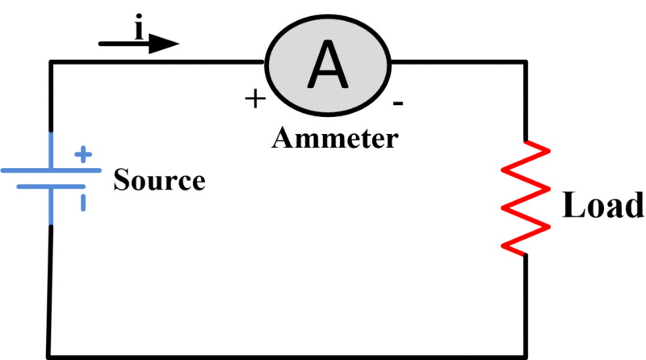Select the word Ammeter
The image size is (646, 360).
(x=334, y=139)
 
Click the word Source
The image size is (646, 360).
(x=159, y=179)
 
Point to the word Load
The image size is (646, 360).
(x=602, y=207)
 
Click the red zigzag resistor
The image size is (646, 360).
(x=525, y=198)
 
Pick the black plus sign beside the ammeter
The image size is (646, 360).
(x=254, y=100)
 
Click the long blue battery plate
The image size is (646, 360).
(x=51, y=171)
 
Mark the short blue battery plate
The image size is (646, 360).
(x=51, y=186)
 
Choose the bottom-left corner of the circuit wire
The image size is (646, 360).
(x=48, y=355)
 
